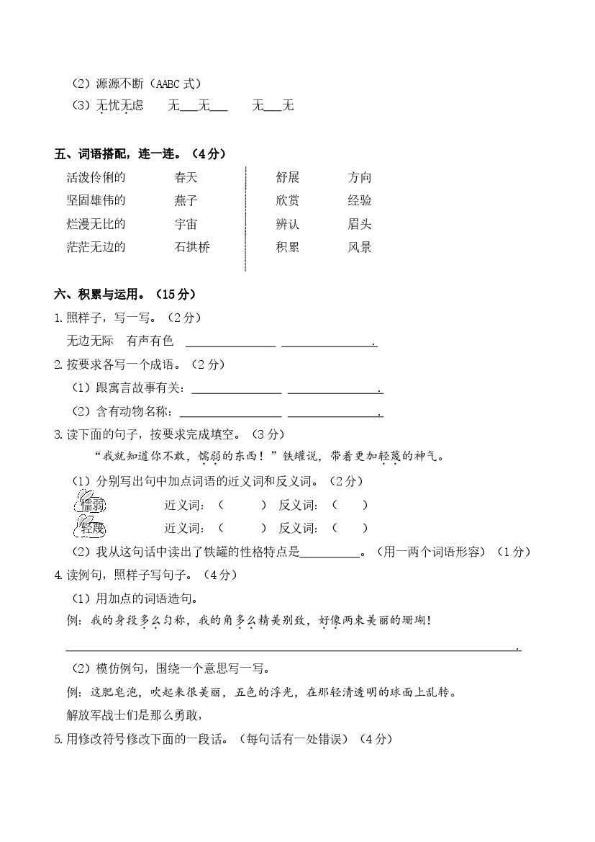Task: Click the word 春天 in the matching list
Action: (x=186, y=177)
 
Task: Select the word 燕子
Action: (x=186, y=200)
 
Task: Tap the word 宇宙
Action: (x=186, y=224)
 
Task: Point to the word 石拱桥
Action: (x=192, y=247)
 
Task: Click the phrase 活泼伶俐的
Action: (x=96, y=177)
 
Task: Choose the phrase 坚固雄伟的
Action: (x=96, y=200)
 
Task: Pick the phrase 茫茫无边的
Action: (x=96, y=247)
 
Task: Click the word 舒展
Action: (x=287, y=177)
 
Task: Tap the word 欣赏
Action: (x=287, y=200)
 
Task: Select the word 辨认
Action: (x=287, y=224)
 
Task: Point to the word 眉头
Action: (x=359, y=224)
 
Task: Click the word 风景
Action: (x=359, y=247)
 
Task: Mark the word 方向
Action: (x=359, y=177)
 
